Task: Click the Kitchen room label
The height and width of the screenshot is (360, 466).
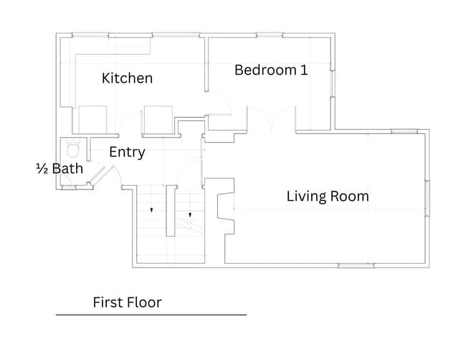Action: pyautogui.click(x=127, y=78)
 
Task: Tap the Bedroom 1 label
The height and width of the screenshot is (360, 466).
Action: pyautogui.click(x=271, y=70)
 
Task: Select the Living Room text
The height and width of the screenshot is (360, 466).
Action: pyautogui.click(x=328, y=196)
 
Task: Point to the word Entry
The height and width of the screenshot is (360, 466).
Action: pyautogui.click(x=127, y=152)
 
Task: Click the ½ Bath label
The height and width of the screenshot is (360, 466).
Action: pyautogui.click(x=60, y=169)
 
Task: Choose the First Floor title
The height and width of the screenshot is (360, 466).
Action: pyautogui.click(x=127, y=303)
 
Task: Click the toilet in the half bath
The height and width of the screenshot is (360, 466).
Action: pyautogui.click(x=73, y=148)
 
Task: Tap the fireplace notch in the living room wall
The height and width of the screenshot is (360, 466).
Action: pyautogui.click(x=226, y=207)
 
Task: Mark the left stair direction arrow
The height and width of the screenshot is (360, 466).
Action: pyautogui.click(x=151, y=210)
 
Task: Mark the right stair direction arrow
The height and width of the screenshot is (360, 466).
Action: pyautogui.click(x=190, y=215)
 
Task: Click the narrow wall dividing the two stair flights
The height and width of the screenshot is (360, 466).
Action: pyautogui.click(x=171, y=211)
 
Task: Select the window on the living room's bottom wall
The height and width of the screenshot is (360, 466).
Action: pyautogui.click(x=356, y=265)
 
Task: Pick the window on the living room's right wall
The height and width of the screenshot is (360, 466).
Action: pyautogui.click(x=427, y=198)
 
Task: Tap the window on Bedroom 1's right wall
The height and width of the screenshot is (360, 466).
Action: pyautogui.click(x=333, y=83)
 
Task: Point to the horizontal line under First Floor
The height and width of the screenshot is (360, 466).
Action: pyautogui.click(x=151, y=315)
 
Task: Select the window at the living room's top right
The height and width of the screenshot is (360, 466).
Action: pyautogui.click(x=404, y=131)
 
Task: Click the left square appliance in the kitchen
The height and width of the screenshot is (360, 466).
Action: pyautogui.click(x=92, y=120)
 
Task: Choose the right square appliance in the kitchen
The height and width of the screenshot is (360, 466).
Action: pyautogui.click(x=158, y=120)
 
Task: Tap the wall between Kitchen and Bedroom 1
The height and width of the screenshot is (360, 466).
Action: pyautogui.click(x=206, y=65)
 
